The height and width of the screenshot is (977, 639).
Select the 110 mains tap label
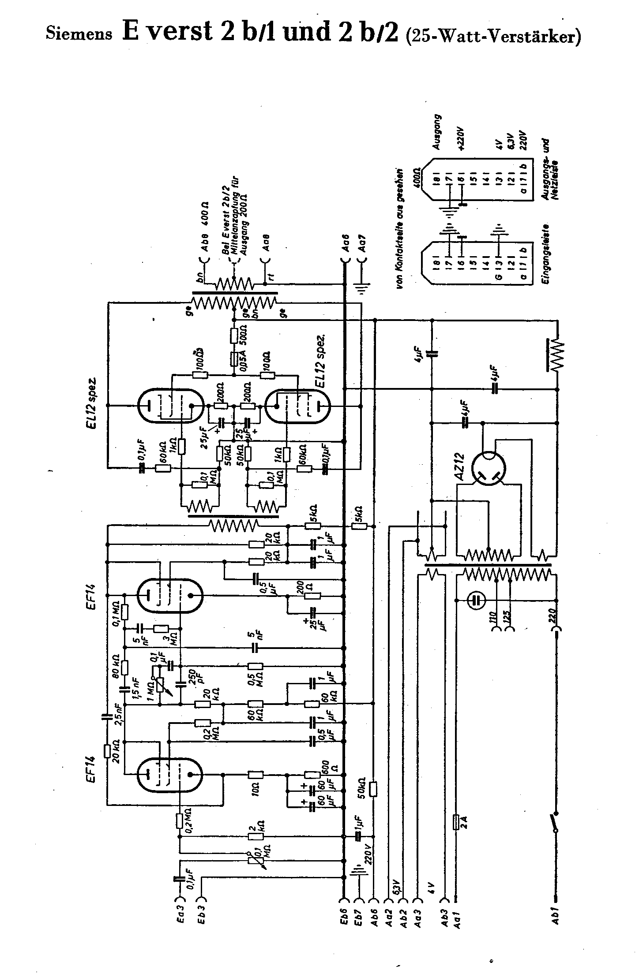click(495, 616)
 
